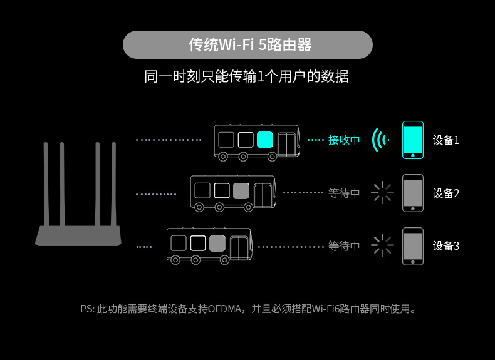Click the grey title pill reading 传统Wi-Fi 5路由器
247,45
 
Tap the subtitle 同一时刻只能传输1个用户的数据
246,76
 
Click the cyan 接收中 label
344,140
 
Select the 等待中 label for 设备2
344,193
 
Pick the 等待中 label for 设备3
344,246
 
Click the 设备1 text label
446,140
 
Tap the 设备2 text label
446,193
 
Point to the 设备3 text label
446,246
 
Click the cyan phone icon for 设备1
412,139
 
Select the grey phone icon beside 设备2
412,193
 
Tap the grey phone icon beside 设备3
412,245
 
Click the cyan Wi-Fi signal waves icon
379,140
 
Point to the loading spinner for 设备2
382,193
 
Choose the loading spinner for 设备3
382,245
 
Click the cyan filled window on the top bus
265,138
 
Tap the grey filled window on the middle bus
241,190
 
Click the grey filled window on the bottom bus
217,243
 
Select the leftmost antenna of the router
46,185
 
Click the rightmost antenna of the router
114,185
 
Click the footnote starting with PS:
248,309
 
